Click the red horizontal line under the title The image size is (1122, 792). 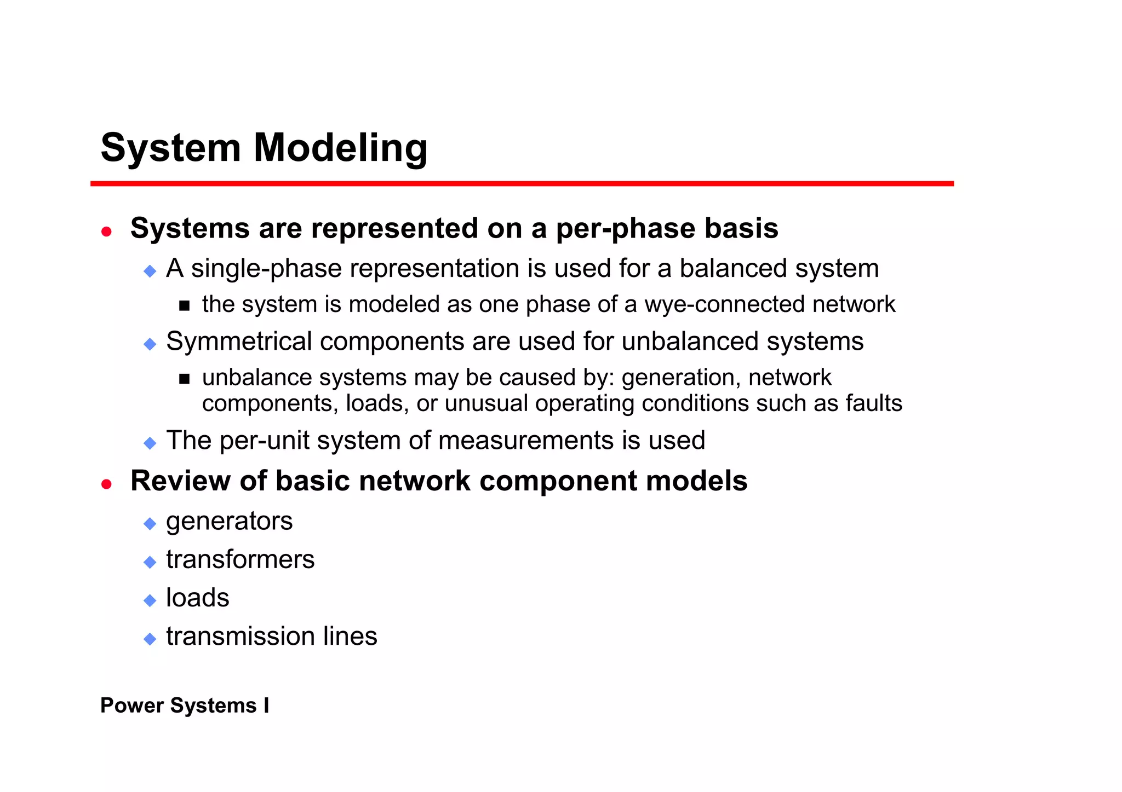[x=522, y=184]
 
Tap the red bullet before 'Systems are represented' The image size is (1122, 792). [x=106, y=232]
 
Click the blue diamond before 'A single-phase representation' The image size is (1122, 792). [x=150, y=271]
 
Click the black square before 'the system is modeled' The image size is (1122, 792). [x=184, y=306]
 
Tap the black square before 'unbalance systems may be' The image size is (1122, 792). [x=184, y=379]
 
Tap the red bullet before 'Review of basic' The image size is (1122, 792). [x=106, y=484]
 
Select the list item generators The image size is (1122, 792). [x=229, y=522]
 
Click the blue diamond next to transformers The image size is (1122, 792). [x=150, y=562]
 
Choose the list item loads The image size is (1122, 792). [x=197, y=598]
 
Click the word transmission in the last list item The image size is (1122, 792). [x=240, y=637]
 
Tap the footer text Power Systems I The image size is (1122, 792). [x=185, y=706]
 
